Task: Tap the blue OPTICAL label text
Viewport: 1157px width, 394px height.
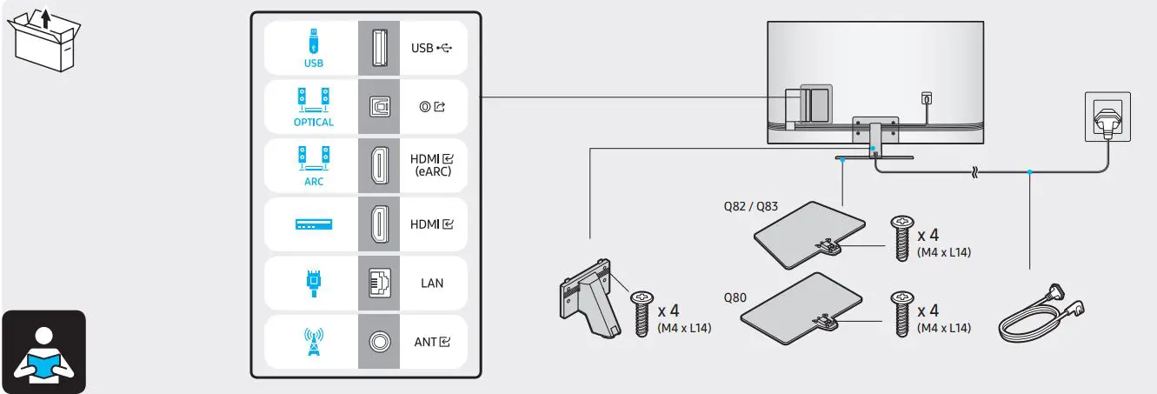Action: point(313,122)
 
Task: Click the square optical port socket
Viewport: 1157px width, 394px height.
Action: point(379,105)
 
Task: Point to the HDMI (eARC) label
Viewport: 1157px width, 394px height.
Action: point(432,165)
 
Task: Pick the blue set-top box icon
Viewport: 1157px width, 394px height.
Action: point(313,224)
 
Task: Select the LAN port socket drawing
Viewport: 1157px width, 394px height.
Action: point(379,283)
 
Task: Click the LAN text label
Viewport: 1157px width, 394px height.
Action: point(431,284)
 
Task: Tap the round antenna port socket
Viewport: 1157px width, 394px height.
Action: point(379,342)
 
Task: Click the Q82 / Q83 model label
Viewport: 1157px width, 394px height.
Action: point(750,207)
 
